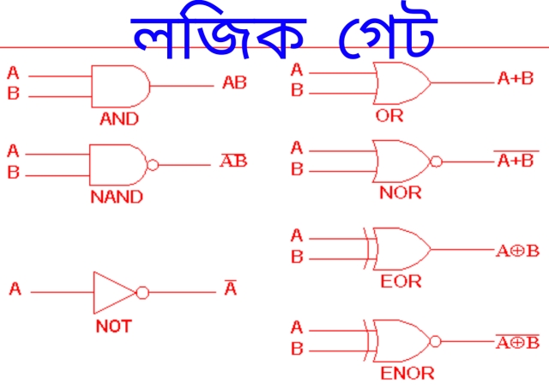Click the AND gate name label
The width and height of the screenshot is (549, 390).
pos(119,119)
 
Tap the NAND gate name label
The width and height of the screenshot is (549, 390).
pos(117,197)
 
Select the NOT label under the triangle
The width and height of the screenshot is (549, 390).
pos(114,326)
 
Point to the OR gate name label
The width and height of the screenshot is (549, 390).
pos(389,116)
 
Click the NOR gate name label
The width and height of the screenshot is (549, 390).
pos(401,193)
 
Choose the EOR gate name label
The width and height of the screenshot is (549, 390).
pos(401,282)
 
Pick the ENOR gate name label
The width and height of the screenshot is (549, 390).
pos(407,373)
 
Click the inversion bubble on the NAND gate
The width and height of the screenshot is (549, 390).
pos(153,165)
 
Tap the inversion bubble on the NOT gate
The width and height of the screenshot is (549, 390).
pos(142,292)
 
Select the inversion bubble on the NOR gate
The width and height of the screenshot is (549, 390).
pos(436,161)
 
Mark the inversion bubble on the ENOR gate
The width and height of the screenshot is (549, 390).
pos(435,341)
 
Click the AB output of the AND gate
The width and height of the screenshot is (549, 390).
pos(234,82)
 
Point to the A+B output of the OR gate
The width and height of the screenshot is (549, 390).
pos(516,78)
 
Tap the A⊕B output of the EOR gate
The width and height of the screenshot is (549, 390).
pos(517,251)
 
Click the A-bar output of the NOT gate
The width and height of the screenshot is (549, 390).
pos(231,288)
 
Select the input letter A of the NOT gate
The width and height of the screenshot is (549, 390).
pos(15,289)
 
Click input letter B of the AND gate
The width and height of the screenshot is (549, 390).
pos(14,94)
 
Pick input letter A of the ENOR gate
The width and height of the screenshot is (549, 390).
pos(297,327)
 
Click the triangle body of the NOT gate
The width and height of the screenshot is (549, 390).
pos(94,292)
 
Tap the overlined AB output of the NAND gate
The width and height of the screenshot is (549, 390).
pos(233,161)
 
